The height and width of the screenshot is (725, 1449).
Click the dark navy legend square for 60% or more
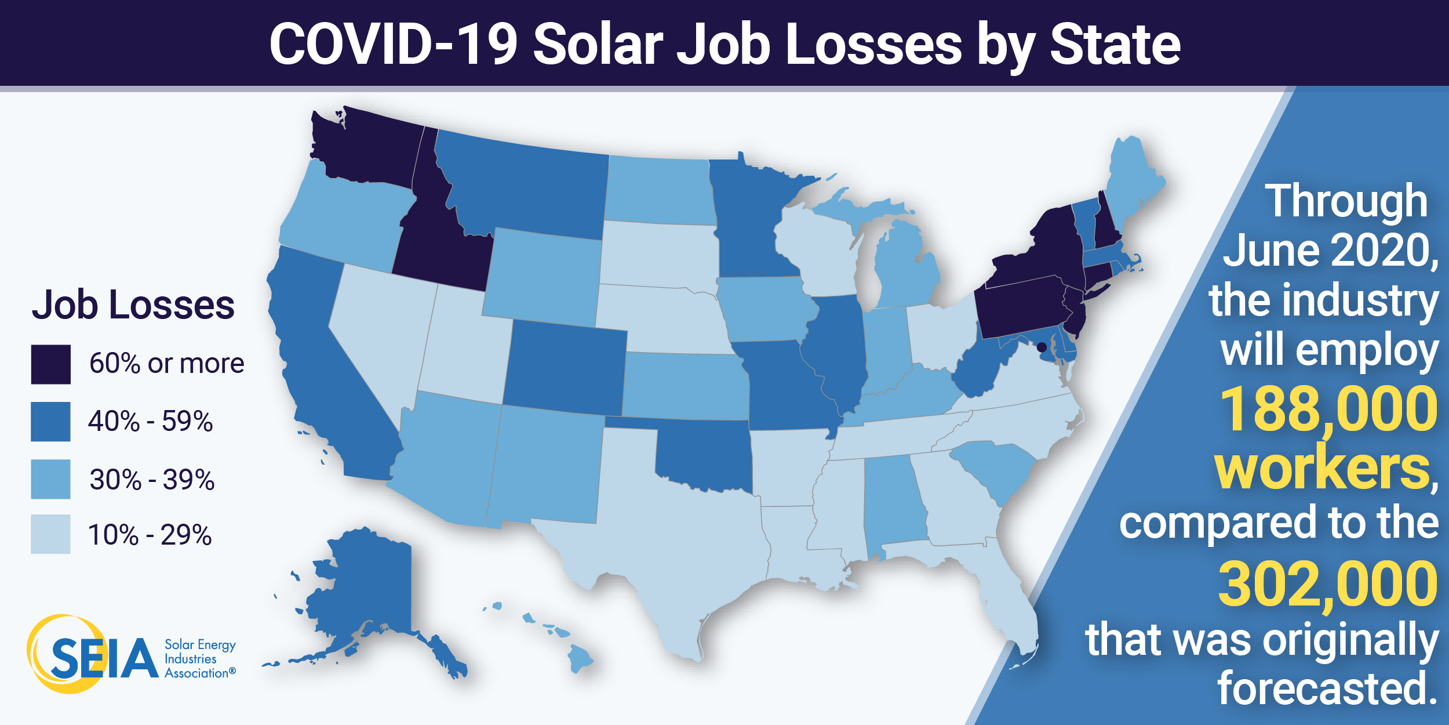click(51, 364)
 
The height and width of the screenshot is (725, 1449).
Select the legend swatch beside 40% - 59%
click(51, 422)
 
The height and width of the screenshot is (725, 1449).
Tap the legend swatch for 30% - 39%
click(51, 479)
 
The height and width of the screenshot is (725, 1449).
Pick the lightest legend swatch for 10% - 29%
click(51, 534)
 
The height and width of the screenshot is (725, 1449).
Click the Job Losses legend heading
click(133, 305)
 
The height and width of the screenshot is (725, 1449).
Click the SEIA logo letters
click(104, 658)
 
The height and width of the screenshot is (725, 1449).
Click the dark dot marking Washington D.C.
click(1042, 347)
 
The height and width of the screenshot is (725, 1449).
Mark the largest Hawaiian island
click(580, 658)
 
